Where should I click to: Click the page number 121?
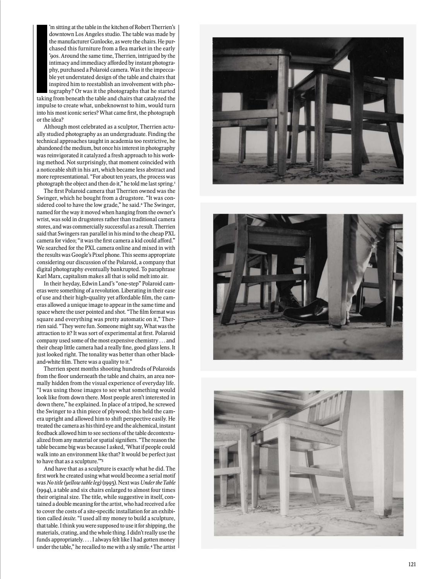tap(412, 564)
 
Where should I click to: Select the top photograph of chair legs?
tap(308, 110)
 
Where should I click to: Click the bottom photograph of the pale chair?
tap(308, 463)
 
